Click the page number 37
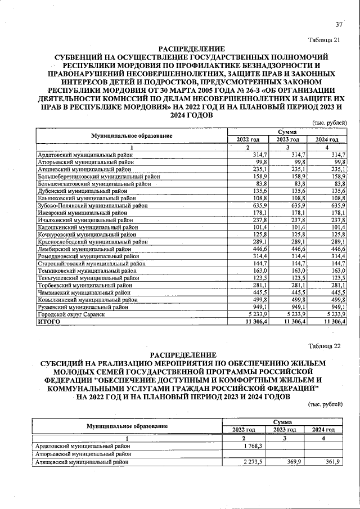click(339, 24)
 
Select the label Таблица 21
click(325, 39)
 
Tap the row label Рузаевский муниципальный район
click(82, 307)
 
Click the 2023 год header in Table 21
click(287, 139)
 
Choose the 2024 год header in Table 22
click(323, 430)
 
